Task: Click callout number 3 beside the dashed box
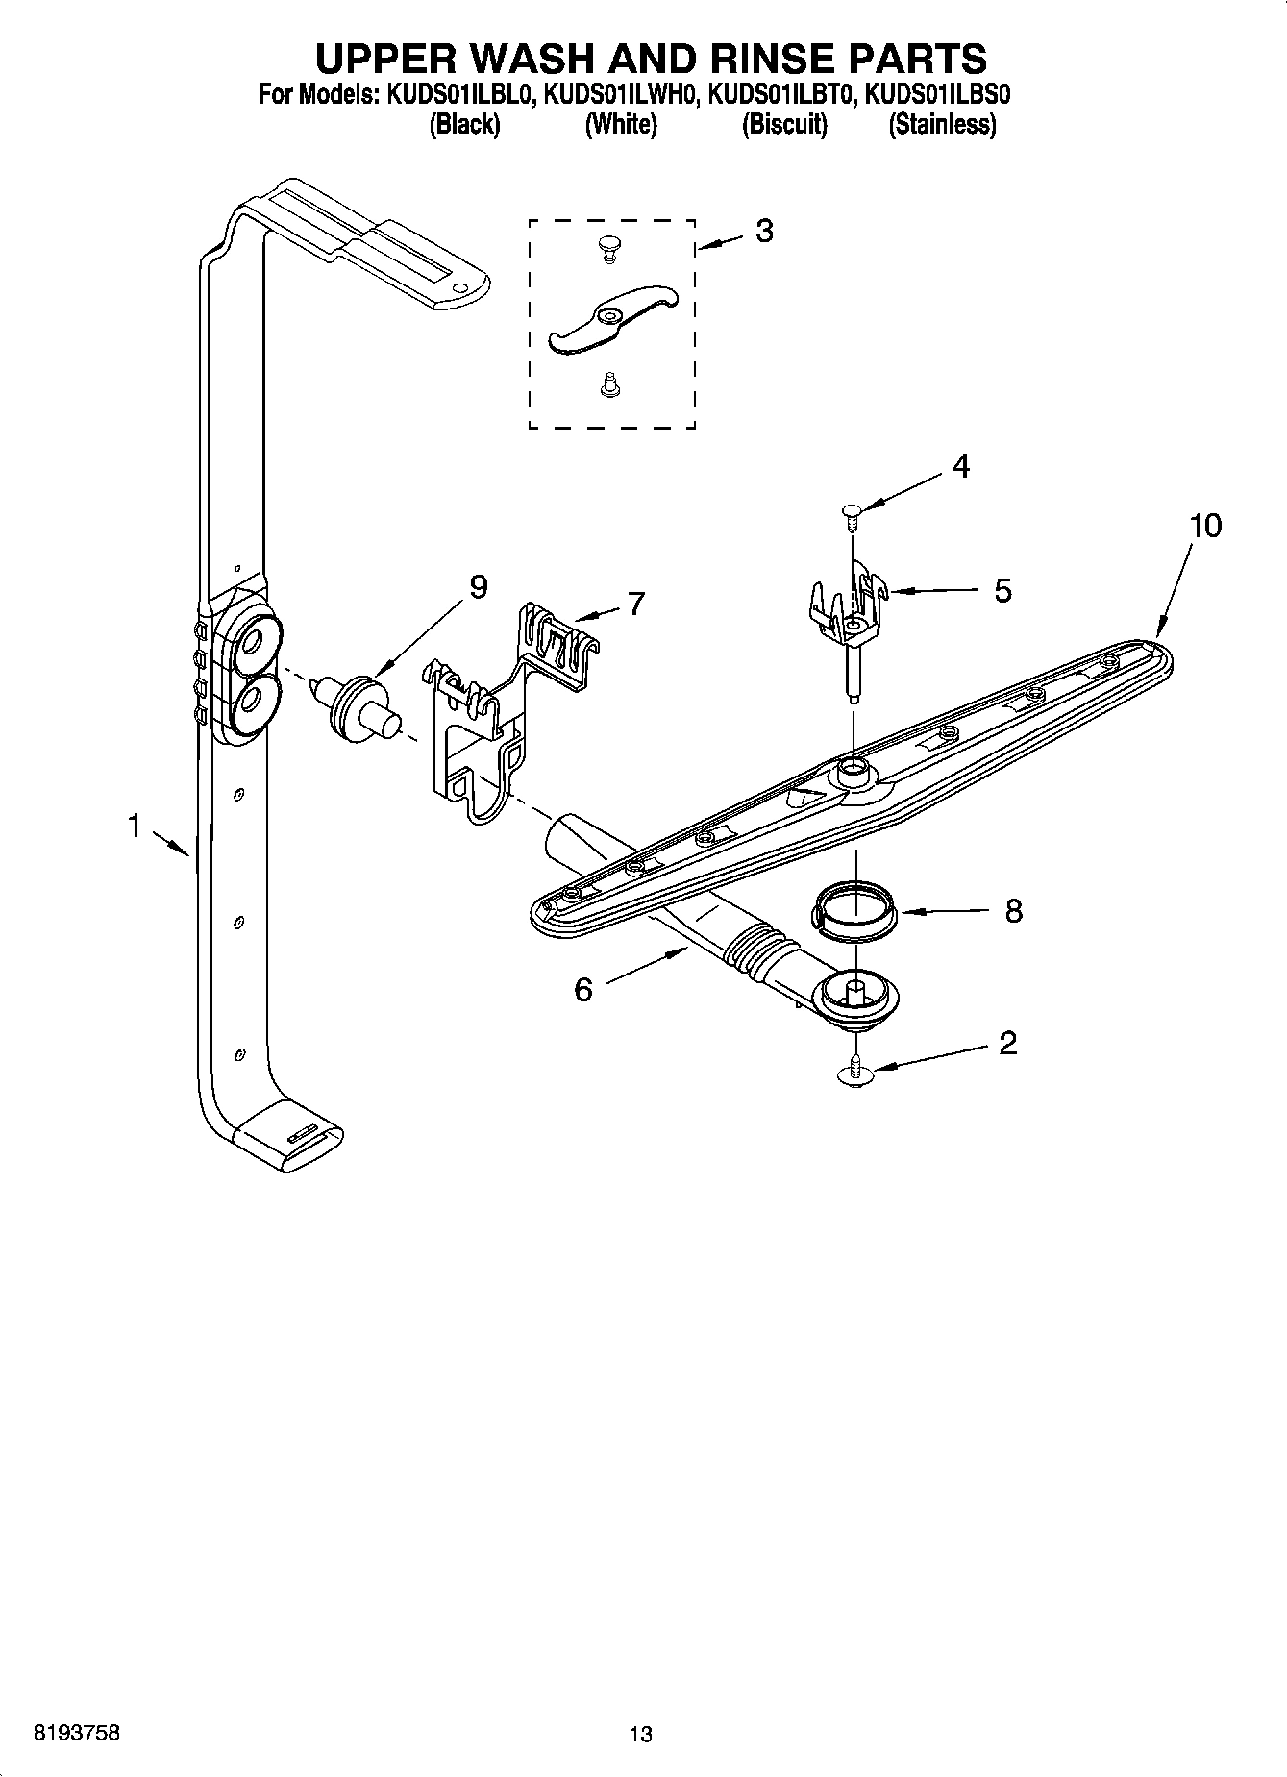tap(764, 231)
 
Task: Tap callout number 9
tap(478, 586)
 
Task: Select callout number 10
tap(1205, 526)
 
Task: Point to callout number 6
tap(583, 989)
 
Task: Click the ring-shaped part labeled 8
tap(855, 909)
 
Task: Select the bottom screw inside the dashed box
tap(607, 385)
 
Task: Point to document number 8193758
tap(77, 1734)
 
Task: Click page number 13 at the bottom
tap(640, 1735)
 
